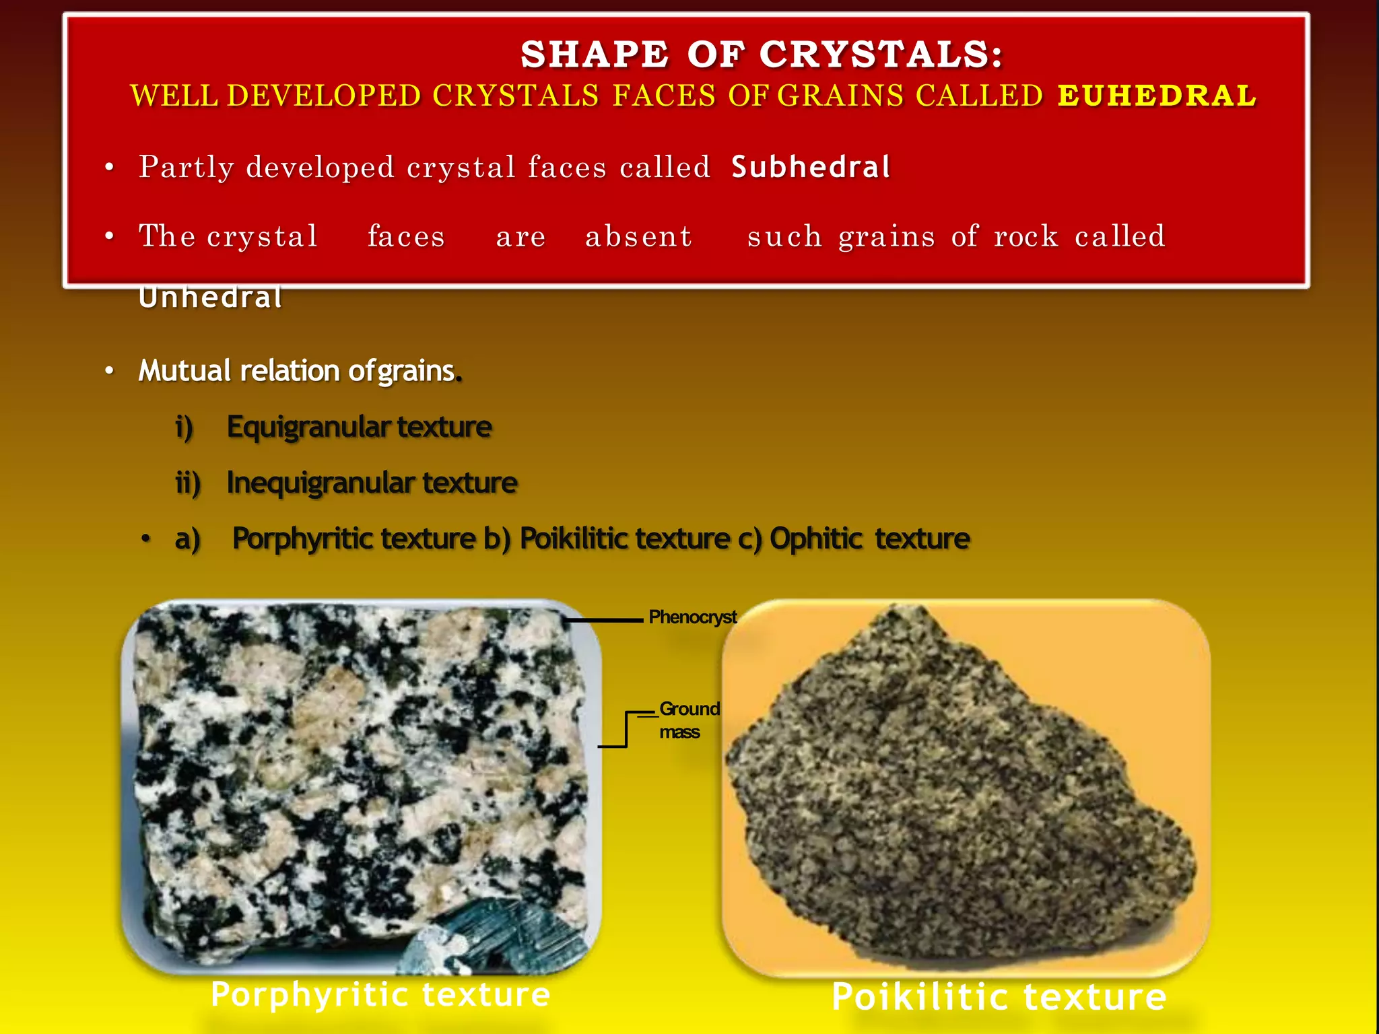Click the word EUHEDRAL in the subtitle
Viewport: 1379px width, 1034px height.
(x=1156, y=96)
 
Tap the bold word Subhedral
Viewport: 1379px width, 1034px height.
(x=811, y=167)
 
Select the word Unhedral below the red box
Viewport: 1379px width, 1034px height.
(x=210, y=298)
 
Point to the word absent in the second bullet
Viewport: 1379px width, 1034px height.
(x=638, y=236)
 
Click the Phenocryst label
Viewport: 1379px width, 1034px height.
(x=692, y=617)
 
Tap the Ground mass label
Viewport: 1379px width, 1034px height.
(x=688, y=720)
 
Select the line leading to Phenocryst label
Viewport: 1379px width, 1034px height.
(x=604, y=620)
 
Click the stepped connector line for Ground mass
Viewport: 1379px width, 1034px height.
(x=626, y=730)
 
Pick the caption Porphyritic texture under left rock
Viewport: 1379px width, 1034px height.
(x=380, y=994)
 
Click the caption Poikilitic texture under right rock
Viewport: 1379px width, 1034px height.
(x=999, y=997)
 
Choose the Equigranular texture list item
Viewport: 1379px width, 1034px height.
(x=359, y=427)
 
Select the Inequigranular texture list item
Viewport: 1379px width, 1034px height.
(x=372, y=483)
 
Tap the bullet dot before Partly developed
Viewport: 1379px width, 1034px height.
(x=109, y=168)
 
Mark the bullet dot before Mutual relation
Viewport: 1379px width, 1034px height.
(x=109, y=372)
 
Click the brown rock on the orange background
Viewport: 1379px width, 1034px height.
(x=963, y=788)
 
